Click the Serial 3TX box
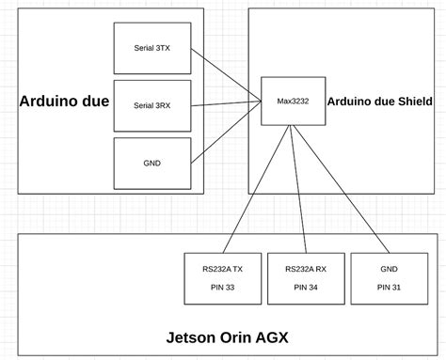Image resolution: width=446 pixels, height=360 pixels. pyautogui.click(x=151, y=48)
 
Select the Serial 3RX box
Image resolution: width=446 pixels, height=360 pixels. pyautogui.click(x=151, y=105)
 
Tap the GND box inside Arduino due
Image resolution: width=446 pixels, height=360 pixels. pyautogui.click(x=151, y=163)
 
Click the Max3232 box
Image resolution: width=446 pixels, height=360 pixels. pyautogui.click(x=294, y=99)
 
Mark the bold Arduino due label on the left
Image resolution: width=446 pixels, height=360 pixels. pyautogui.click(x=64, y=100)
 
